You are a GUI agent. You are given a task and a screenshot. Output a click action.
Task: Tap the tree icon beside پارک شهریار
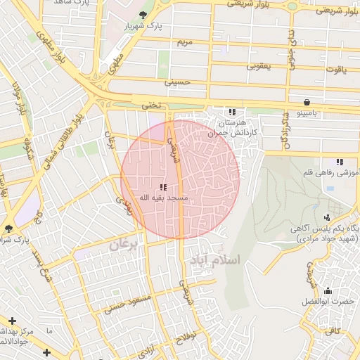coord(143,15)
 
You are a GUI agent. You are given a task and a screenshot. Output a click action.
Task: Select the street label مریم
coord(184,43)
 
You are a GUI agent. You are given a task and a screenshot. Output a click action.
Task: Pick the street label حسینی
coord(177,82)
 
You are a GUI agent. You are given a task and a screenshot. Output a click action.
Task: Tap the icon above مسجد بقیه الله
coord(163,187)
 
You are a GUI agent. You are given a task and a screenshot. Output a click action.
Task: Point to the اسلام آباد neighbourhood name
coord(214,260)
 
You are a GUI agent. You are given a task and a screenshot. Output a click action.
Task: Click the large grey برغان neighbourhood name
coord(125,245)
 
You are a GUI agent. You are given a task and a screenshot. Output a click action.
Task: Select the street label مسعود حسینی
coord(128,304)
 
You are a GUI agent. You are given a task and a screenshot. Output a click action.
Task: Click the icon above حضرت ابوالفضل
coord(327,290)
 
